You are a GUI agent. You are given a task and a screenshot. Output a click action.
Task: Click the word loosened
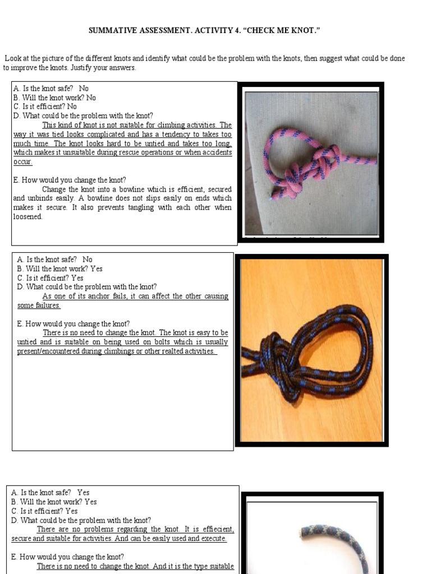[x=27, y=216]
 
